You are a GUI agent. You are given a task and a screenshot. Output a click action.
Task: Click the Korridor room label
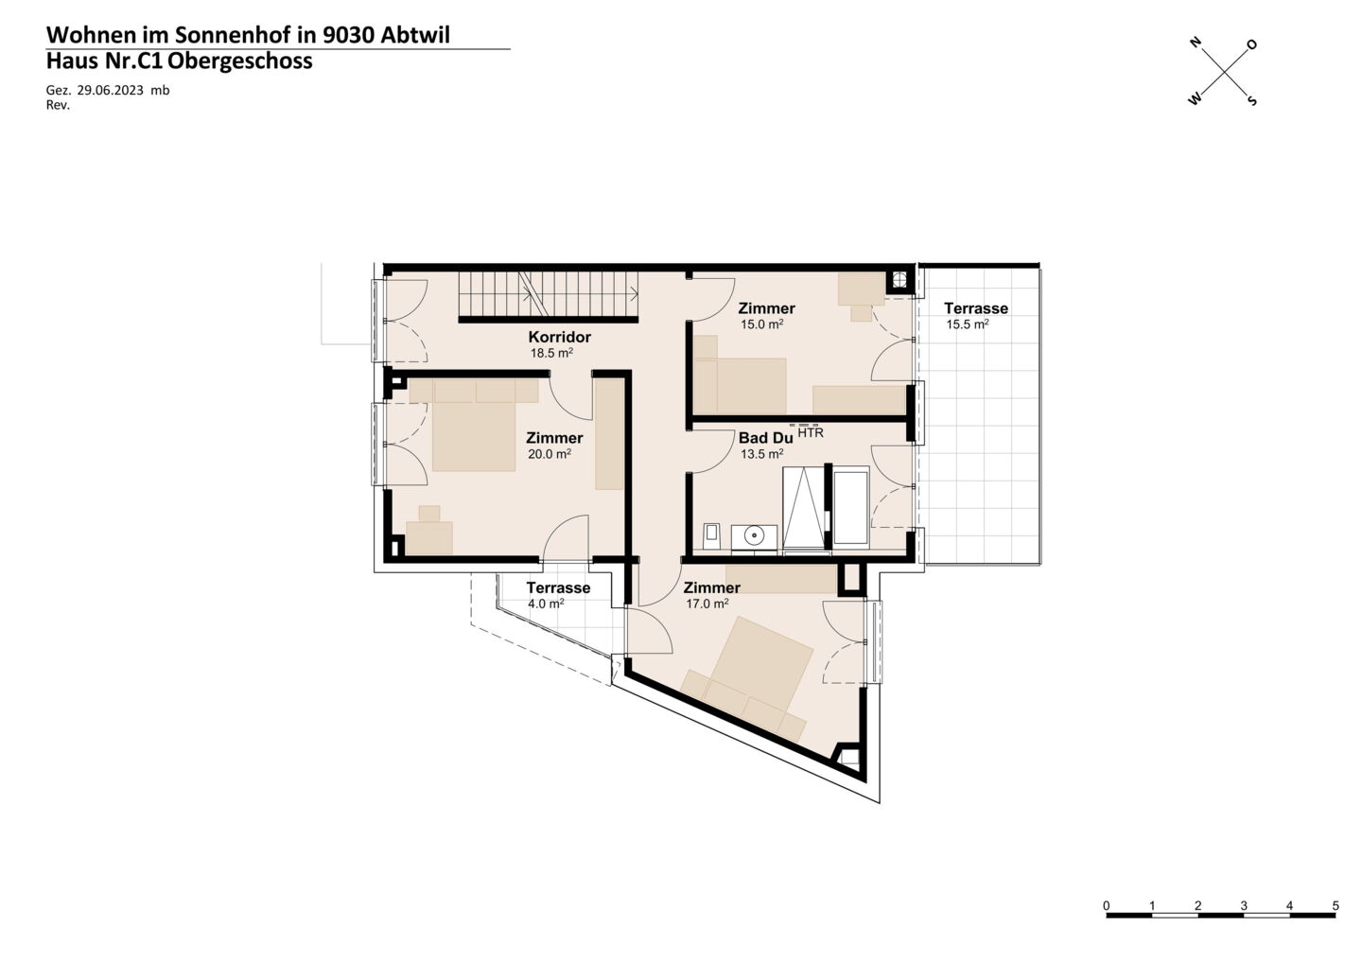(x=559, y=337)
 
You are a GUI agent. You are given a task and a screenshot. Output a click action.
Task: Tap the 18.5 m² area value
(x=551, y=353)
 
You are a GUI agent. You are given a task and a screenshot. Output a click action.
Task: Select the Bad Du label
(x=765, y=438)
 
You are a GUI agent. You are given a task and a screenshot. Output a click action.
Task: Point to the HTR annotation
(x=810, y=433)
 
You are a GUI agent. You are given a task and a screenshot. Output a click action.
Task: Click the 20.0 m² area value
(x=549, y=453)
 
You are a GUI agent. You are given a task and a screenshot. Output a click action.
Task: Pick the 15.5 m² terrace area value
(x=968, y=324)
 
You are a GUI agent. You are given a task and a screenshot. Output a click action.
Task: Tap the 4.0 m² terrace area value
(x=546, y=604)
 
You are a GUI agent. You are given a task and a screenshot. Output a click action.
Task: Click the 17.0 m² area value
(x=707, y=604)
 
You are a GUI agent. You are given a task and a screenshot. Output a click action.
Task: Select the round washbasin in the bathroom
(x=754, y=536)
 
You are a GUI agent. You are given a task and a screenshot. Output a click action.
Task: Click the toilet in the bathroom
(x=712, y=535)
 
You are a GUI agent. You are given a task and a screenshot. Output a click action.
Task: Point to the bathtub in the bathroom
(x=850, y=505)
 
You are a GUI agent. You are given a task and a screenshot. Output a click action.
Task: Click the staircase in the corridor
(x=549, y=294)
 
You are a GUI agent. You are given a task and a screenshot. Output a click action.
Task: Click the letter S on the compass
(x=1252, y=101)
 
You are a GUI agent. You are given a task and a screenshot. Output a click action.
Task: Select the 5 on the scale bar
(x=1336, y=905)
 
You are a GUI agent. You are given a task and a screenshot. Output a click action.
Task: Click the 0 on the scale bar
(x=1107, y=905)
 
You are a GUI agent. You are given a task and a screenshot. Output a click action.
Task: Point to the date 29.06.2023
(x=110, y=91)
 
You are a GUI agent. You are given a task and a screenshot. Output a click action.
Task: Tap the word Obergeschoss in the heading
(x=239, y=61)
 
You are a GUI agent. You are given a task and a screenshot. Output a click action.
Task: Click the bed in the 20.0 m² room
(x=474, y=436)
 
